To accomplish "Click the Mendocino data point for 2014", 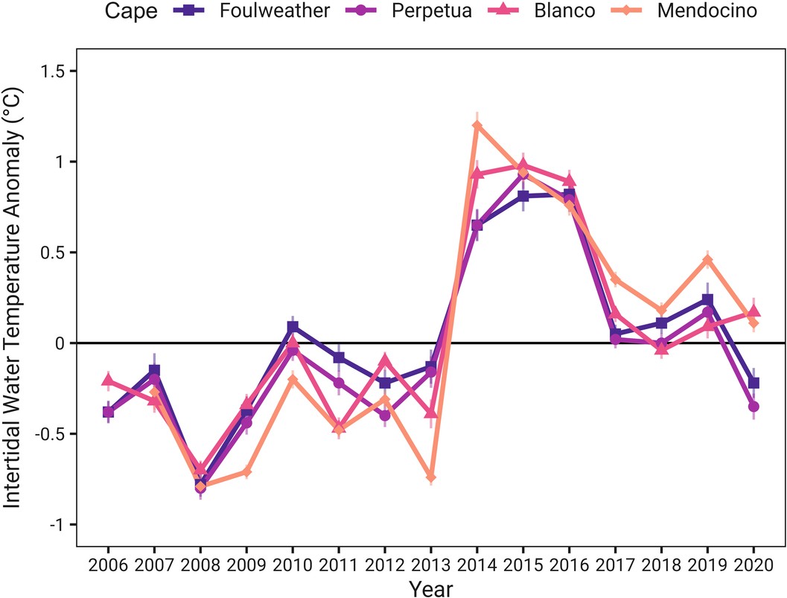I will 477,125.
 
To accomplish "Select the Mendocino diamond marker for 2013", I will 430,477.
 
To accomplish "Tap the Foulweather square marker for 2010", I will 293,327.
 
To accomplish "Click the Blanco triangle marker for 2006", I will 108,381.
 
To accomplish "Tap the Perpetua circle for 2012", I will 384,416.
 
